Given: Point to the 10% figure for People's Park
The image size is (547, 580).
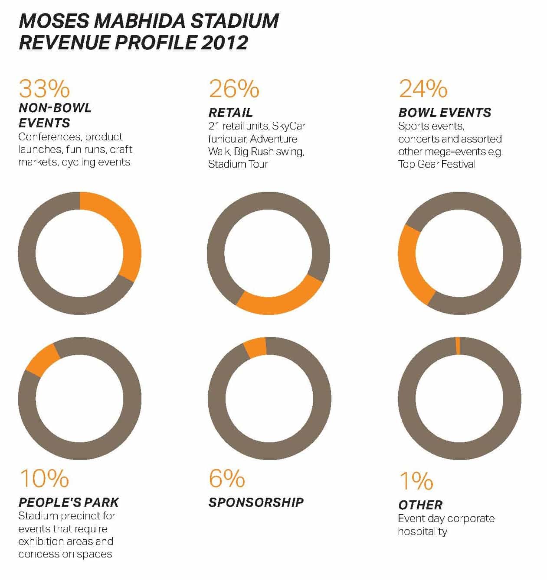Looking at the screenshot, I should click(44, 478).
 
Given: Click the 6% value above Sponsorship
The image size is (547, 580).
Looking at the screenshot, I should click(226, 478).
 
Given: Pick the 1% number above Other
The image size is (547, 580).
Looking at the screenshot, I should click(416, 481).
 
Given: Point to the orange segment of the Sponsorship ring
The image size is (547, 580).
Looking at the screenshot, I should click(255, 347).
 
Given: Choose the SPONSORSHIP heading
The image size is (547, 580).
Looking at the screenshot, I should click(256, 502).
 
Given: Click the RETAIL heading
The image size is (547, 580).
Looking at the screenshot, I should click(230, 113).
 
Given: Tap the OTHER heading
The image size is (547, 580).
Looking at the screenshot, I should click(420, 505).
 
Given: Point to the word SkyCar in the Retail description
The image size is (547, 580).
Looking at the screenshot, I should click(288, 126).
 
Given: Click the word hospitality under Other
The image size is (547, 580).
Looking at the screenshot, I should click(422, 531).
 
